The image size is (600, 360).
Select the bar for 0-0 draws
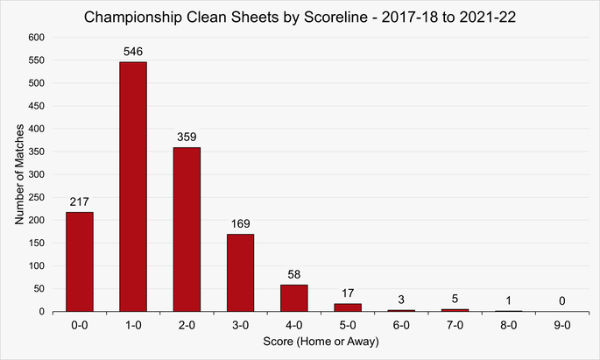79,261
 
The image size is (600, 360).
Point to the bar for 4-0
294,298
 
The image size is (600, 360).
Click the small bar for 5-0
348,307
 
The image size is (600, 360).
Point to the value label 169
240,224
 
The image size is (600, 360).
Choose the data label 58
294,275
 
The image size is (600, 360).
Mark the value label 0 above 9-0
562,301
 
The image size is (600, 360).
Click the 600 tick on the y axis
36,38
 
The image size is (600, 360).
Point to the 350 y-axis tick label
36,152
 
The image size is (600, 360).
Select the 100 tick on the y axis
36,265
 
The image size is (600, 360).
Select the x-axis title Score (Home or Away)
321,342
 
